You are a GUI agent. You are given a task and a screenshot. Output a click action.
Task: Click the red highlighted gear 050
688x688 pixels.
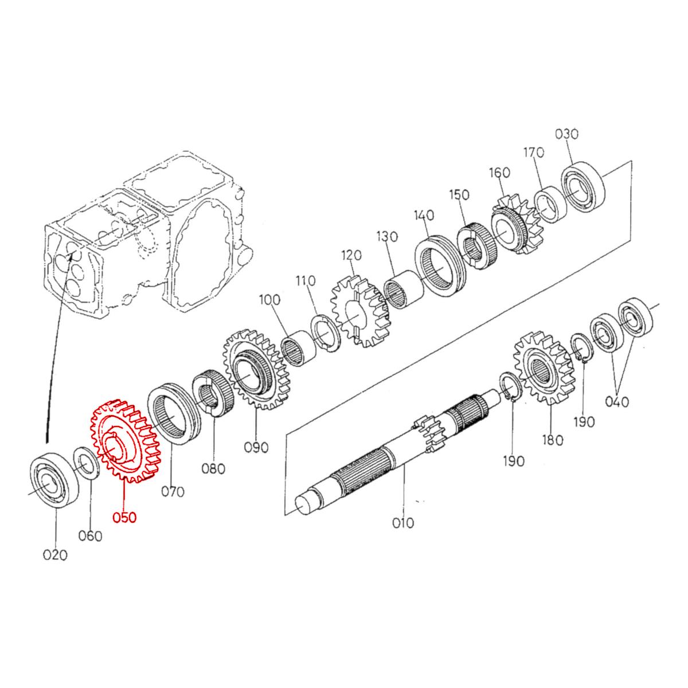[122, 440]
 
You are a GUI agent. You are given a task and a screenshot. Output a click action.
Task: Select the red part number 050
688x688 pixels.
[124, 517]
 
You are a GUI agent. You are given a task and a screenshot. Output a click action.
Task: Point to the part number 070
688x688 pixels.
[173, 491]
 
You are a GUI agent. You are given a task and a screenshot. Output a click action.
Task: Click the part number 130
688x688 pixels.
[386, 236]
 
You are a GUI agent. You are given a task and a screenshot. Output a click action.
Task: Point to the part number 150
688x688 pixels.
[459, 195]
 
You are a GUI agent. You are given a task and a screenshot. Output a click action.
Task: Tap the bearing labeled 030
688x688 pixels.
[584, 187]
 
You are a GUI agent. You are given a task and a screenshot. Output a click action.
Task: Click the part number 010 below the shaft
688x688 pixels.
[403, 523]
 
